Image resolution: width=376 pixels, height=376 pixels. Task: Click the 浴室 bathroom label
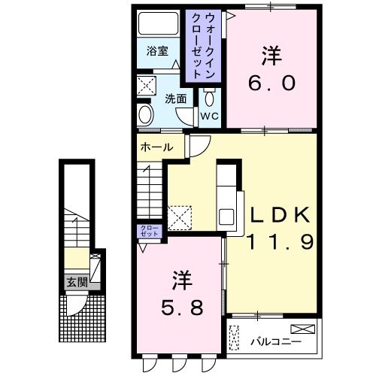pyautogui.click(x=156, y=52)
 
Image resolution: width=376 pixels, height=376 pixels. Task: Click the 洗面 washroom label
pyautogui.click(x=176, y=99)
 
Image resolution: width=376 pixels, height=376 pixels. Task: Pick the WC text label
pyautogui.click(x=209, y=116)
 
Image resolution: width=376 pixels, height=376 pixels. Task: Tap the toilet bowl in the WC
pyautogui.click(x=208, y=98)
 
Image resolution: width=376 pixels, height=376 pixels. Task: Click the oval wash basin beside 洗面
pyautogui.click(x=146, y=114)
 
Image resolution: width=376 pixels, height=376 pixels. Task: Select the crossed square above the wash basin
pyautogui.click(x=146, y=85)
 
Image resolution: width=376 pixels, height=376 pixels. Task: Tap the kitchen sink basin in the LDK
pyautogui.click(x=228, y=218)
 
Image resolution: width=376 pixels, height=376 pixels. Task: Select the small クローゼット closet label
pyautogui.click(x=146, y=231)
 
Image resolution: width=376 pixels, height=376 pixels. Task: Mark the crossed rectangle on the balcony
pyautogui.click(x=303, y=328)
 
